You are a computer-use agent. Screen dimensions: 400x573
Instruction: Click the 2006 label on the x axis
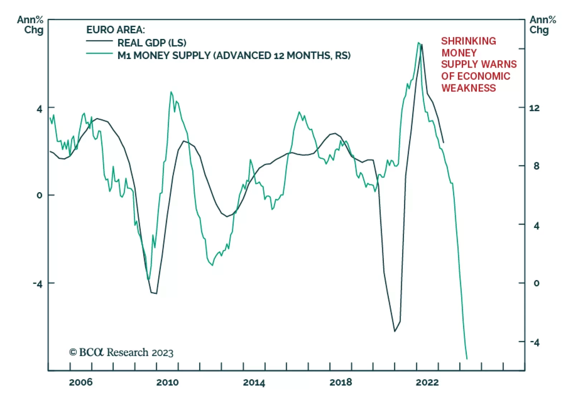[x=81, y=382]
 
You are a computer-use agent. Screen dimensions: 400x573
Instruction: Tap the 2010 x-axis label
[x=167, y=382]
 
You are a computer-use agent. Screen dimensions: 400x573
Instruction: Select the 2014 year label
[x=254, y=382]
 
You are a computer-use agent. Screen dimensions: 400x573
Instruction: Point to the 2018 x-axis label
[x=341, y=382]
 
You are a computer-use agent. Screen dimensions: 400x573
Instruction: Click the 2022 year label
[x=427, y=382]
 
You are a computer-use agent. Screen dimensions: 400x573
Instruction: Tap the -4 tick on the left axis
[x=38, y=284]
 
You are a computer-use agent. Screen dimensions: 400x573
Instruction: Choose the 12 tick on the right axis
[x=534, y=108]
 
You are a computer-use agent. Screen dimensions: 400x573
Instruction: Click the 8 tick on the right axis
[x=536, y=166]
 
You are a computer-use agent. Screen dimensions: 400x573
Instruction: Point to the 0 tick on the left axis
[x=39, y=195]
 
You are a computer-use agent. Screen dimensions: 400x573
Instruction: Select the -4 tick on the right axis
[x=534, y=342]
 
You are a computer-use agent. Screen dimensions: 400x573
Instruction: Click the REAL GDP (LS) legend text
[x=152, y=43]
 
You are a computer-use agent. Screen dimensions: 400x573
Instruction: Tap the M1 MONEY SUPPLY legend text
[x=234, y=55]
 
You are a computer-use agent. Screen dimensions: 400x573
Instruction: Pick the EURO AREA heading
[x=116, y=30]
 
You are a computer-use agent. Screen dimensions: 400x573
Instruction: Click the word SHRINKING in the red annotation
[x=468, y=41]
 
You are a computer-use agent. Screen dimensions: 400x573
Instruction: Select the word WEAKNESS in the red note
[x=468, y=88]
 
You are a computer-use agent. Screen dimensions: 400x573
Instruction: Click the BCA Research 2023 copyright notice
[x=121, y=352]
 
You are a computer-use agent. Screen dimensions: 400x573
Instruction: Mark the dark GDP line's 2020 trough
[x=395, y=331]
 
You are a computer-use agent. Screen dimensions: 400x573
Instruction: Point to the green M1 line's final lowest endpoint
[x=467, y=358]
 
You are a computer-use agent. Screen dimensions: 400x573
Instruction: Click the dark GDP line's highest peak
[x=422, y=45]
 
